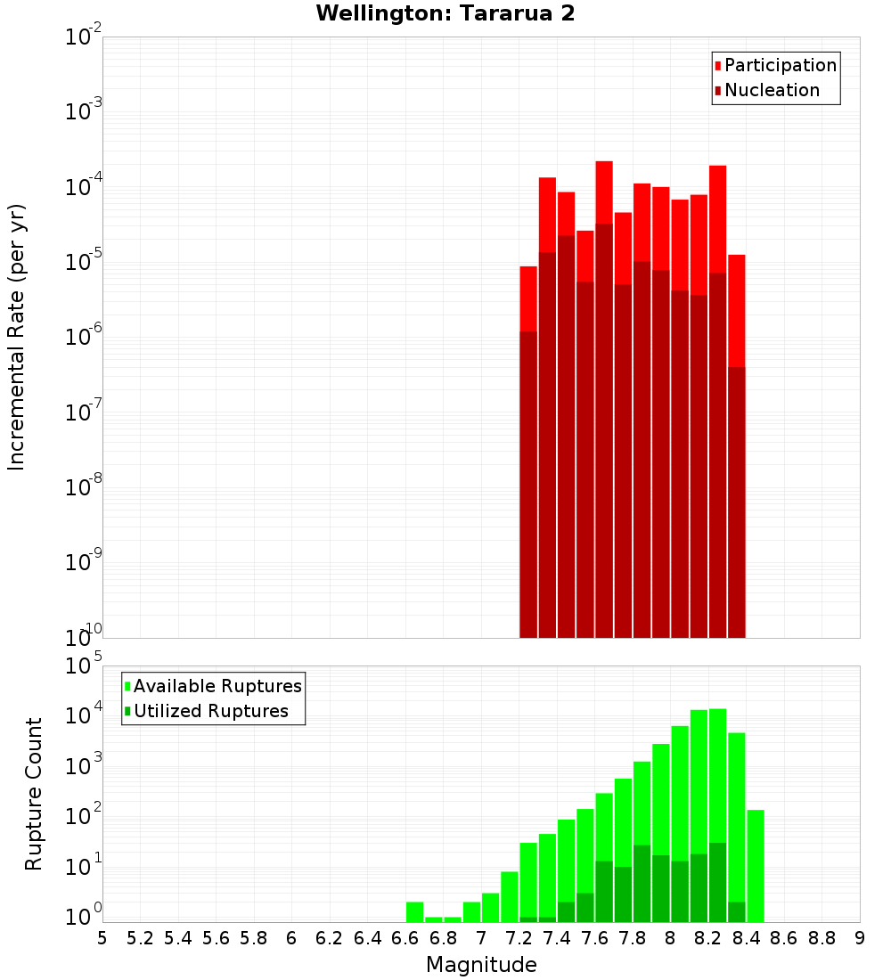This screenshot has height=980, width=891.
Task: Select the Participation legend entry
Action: click(775, 66)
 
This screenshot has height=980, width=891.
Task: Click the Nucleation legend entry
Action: click(766, 91)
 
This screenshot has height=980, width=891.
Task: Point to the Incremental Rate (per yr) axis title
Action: click(17, 337)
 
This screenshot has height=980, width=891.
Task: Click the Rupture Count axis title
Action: click(34, 794)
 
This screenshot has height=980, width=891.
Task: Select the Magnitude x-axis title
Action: click(481, 965)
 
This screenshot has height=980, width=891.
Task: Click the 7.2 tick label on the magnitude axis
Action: click(519, 938)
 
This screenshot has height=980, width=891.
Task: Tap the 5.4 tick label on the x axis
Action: click(178, 938)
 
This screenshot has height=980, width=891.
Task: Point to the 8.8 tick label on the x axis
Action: click(822, 938)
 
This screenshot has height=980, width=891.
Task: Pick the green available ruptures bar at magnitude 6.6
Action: click(414, 911)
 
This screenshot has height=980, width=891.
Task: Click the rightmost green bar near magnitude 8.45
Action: click(756, 864)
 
